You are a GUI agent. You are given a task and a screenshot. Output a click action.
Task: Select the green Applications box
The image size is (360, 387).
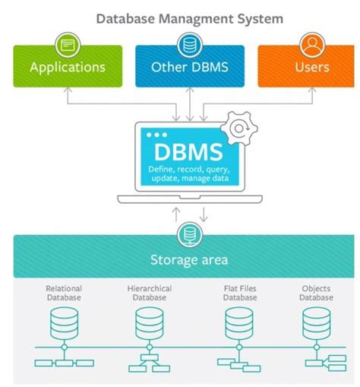point(67,66)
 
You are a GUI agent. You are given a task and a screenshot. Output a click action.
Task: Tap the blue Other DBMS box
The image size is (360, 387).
point(190,66)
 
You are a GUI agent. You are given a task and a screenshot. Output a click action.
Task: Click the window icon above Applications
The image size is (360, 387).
point(67,43)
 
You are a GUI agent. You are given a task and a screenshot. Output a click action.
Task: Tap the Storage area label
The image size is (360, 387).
point(188,259)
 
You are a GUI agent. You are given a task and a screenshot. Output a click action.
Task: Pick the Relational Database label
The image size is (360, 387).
point(65,293)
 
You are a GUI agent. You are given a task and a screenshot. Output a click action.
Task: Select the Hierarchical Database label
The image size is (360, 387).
point(150,293)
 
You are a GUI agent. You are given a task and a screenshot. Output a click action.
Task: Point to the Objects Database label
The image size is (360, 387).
point(315,293)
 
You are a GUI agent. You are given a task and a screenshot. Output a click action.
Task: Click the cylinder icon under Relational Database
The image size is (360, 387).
point(65,325)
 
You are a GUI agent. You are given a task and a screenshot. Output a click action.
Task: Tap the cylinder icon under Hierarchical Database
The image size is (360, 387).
point(150,325)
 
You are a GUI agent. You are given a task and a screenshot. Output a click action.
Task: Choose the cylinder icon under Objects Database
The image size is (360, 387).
point(315,325)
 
